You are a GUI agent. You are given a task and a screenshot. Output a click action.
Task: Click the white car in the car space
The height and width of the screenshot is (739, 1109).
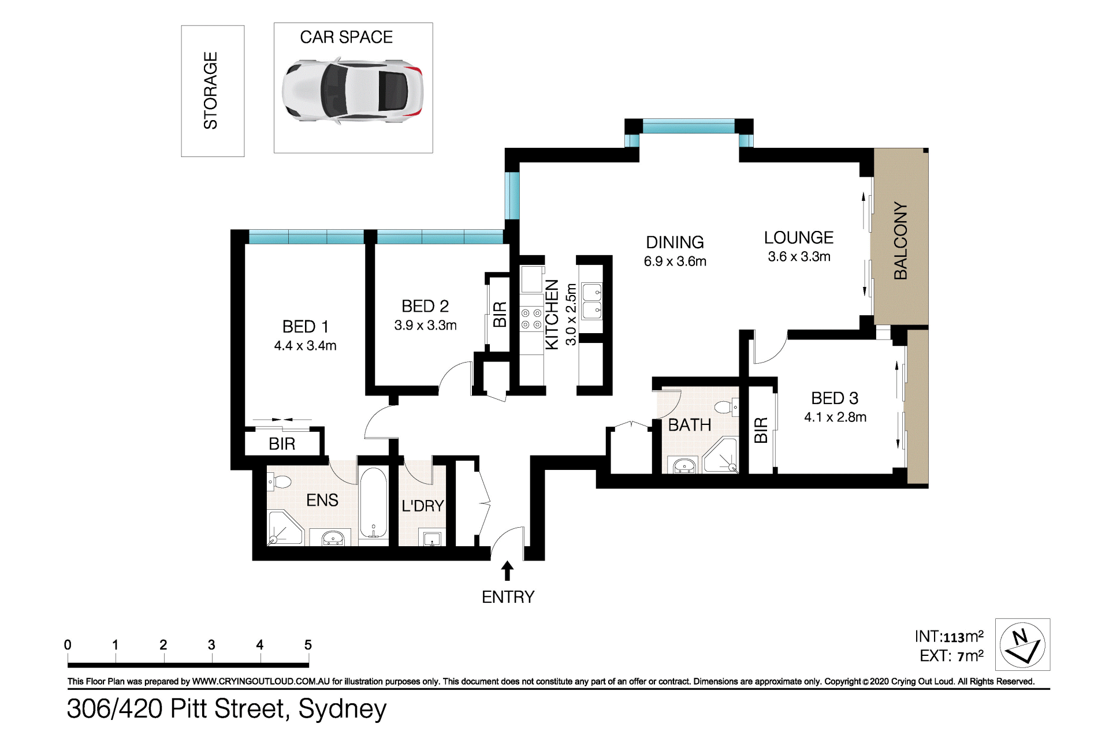tap(352, 91)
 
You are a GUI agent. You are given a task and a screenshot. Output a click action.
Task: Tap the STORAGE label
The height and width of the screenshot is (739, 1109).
tap(211, 91)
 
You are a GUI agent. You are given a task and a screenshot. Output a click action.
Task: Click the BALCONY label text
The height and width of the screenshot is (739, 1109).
tap(900, 241)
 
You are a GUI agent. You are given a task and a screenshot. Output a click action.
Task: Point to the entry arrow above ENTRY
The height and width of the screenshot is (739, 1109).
tap(507, 570)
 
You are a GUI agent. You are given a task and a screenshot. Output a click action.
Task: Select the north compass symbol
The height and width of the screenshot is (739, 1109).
tap(1022, 644)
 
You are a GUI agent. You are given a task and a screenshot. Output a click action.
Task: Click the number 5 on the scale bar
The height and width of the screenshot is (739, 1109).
tap(308, 645)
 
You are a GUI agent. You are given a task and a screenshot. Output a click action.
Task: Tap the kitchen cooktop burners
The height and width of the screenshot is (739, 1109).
tap(531, 319)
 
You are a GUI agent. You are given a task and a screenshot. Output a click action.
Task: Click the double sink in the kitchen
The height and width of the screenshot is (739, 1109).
tap(591, 301)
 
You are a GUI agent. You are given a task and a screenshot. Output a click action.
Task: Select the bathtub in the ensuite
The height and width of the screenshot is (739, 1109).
tap(373, 503)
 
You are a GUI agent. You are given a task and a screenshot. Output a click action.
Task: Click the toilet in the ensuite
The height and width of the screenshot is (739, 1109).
tap(279, 482)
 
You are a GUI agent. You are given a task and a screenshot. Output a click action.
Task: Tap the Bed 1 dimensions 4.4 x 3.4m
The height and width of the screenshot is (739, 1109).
tap(305, 346)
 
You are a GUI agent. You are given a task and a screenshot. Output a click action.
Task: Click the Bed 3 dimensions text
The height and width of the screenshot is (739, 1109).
tap(835, 417)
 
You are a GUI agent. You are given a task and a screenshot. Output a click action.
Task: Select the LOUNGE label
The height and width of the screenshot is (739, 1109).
tap(799, 238)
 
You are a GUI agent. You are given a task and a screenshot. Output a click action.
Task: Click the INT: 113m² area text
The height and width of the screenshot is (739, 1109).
tap(949, 637)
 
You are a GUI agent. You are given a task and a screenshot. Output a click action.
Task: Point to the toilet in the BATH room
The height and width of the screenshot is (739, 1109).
tap(727, 407)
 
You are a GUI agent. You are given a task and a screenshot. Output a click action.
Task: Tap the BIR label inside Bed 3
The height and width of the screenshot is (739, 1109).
tap(761, 430)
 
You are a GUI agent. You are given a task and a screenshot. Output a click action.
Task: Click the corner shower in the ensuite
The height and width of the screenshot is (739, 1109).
tap(285, 528)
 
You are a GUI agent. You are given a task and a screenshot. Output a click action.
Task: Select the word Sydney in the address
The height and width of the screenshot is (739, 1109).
tap(343, 710)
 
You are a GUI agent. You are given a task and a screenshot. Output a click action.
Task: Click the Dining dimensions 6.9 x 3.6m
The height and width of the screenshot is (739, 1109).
tap(675, 262)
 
